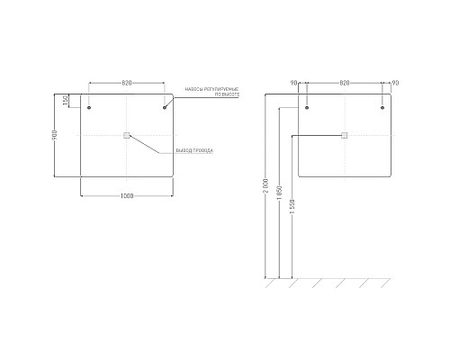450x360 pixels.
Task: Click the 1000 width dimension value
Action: tap(127, 196)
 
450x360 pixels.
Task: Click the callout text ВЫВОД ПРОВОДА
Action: tap(194, 150)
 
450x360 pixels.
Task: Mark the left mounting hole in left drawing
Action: tap(90, 108)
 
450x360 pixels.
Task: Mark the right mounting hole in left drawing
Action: tap(165, 108)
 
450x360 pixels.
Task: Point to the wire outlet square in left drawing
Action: tap(127, 135)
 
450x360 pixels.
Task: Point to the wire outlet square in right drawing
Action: tap(345, 135)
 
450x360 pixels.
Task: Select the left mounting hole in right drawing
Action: tap(307, 108)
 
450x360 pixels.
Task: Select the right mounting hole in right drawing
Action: tap(382, 108)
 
